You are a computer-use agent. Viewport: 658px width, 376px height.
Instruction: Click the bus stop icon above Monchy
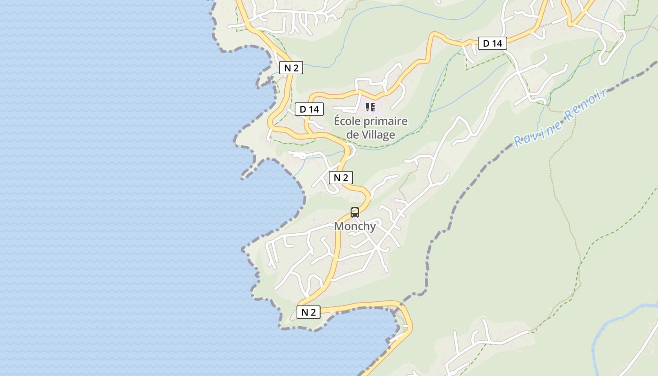[355, 212]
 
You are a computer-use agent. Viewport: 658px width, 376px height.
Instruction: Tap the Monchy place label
[355, 226]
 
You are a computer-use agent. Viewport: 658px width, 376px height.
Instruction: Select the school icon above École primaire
[370, 107]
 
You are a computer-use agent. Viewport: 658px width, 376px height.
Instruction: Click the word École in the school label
[347, 121]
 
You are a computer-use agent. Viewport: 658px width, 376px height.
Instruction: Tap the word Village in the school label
[378, 135]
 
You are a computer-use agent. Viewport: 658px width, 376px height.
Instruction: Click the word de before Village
[352, 135]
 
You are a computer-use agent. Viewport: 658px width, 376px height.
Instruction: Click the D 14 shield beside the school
[309, 110]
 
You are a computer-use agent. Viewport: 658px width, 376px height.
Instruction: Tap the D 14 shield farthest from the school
[493, 44]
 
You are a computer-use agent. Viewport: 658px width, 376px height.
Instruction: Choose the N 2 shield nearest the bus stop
[341, 178]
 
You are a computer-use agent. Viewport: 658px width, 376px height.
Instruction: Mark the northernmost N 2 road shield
[291, 68]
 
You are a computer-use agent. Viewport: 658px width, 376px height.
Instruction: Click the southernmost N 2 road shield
[308, 312]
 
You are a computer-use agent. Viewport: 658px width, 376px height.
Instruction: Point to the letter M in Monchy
[339, 226]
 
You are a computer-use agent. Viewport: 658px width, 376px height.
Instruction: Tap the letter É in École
[337, 121]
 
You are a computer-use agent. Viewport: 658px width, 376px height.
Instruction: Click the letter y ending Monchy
[373, 227]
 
